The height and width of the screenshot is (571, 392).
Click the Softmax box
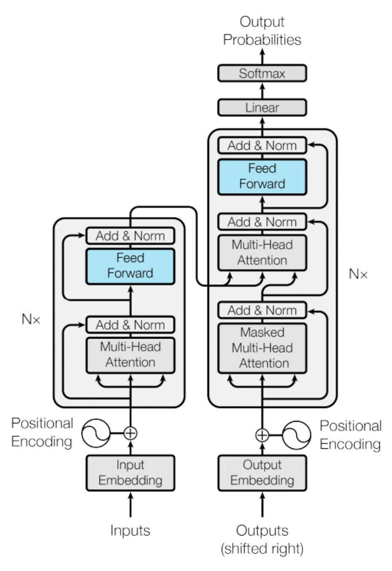(x=262, y=73)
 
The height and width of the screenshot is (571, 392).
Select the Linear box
(x=262, y=108)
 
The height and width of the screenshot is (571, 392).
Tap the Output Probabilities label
(x=262, y=31)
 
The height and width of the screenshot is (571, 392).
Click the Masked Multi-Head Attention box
(x=262, y=348)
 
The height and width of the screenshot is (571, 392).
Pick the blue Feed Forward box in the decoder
(x=262, y=176)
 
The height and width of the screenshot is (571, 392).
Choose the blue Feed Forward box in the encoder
(x=130, y=266)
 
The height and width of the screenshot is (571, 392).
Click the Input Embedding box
(x=130, y=472)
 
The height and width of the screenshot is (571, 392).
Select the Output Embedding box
(x=262, y=472)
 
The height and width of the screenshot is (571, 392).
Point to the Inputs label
(x=130, y=530)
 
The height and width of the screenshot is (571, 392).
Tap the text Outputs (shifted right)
(x=262, y=539)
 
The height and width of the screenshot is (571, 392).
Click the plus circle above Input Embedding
(x=131, y=433)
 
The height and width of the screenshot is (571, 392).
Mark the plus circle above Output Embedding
(x=262, y=435)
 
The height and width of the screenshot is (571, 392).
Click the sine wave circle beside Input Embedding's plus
(x=96, y=433)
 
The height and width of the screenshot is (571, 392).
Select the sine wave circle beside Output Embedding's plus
(x=297, y=435)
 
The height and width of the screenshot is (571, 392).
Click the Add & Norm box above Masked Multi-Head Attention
(x=262, y=310)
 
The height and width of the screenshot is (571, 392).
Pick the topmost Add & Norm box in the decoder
(x=262, y=145)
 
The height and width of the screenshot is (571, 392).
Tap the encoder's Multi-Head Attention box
(x=130, y=355)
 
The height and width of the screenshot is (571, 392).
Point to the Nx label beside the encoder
(x=31, y=319)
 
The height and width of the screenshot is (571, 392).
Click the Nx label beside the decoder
(x=358, y=274)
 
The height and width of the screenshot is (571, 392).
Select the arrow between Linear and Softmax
(x=262, y=90)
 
